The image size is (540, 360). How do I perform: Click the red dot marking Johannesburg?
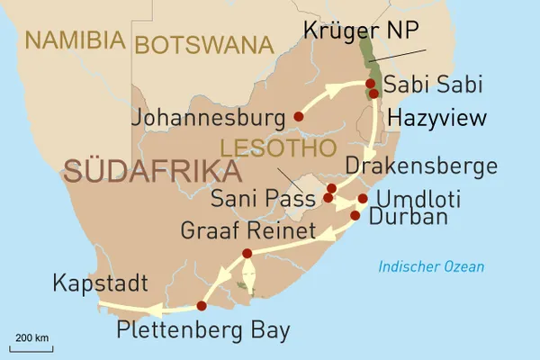[x=299, y=116]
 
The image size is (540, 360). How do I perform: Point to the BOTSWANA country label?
[x=203, y=43]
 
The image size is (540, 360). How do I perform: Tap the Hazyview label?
[x=436, y=118]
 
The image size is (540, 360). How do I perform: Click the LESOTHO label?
[x=278, y=146]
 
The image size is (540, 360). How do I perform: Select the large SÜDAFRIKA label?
[x=145, y=171]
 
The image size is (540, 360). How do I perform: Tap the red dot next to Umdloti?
[x=363, y=199]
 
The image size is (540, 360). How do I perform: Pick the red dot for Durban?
[x=355, y=215]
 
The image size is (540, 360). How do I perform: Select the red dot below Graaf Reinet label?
[x=247, y=255]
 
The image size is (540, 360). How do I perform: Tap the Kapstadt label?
[x=100, y=284]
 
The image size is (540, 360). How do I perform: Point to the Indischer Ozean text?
[x=431, y=266]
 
